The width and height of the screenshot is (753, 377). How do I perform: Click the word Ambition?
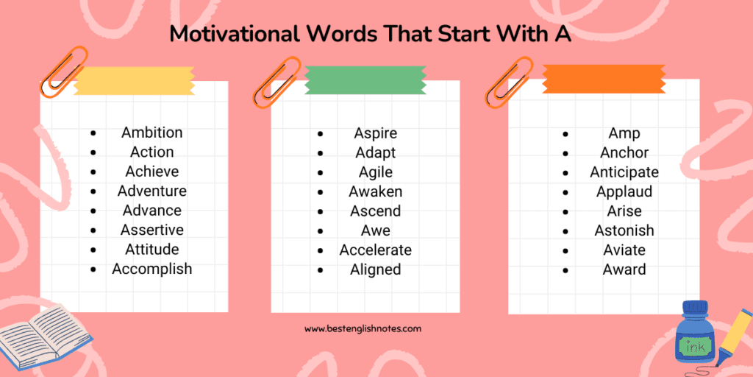(151, 133)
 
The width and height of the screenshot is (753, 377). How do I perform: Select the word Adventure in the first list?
(151, 191)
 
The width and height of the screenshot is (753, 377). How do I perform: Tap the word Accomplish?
(151, 269)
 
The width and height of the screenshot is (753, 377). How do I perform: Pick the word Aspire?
(376, 133)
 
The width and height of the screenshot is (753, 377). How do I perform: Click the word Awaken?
(376, 191)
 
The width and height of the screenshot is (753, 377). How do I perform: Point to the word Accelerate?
(376, 250)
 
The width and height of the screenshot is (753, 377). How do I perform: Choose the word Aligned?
(376, 269)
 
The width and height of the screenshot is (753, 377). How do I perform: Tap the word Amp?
(624, 134)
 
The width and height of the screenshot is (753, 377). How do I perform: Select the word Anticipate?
(624, 172)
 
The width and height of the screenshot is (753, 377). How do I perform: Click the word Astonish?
(624, 230)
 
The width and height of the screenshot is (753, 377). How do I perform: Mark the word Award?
(624, 269)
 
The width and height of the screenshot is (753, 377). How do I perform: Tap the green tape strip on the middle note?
(365, 80)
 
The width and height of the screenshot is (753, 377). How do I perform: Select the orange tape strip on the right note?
(604, 79)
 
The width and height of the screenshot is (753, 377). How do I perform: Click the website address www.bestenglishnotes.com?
(363, 329)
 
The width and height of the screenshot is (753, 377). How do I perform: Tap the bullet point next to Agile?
(321, 172)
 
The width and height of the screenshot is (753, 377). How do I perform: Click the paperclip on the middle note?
(276, 82)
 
